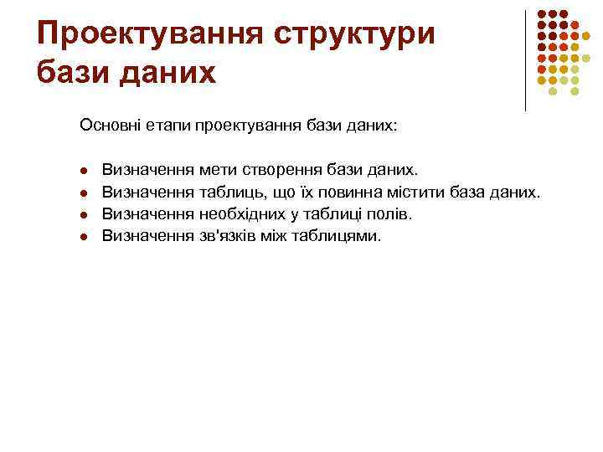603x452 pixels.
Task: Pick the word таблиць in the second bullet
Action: [x=230, y=193]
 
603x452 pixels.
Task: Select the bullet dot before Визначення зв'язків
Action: [x=84, y=237]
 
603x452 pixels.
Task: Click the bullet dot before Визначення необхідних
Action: [x=84, y=215]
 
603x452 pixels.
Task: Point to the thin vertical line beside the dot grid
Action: [x=525, y=59]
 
